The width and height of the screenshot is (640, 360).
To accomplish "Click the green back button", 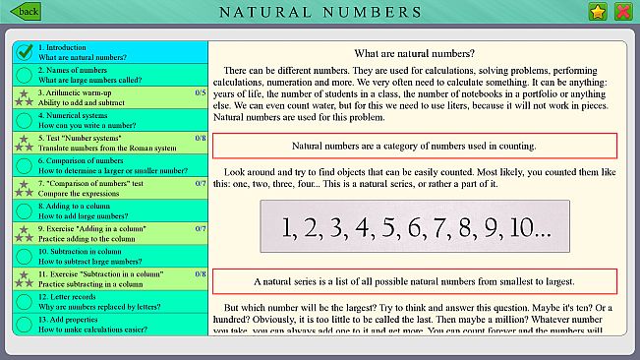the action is pos(26,12).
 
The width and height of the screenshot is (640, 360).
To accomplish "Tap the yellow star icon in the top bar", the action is pos(597,12).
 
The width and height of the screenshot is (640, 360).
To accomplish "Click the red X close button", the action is pos(622,12).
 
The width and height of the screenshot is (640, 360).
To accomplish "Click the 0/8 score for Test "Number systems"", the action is pos(201,138).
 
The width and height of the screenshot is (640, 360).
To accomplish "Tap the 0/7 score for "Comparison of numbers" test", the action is pos(201,183).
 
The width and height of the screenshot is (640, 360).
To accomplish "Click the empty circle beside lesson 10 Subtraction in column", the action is pos(25,256).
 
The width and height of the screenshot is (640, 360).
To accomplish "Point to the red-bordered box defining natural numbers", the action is pos(414,146).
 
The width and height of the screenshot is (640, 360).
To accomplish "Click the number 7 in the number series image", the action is pos(449,228).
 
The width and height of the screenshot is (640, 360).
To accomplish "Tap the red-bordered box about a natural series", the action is pos(414,280).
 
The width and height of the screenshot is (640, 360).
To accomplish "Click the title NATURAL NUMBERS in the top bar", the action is pos(320,13).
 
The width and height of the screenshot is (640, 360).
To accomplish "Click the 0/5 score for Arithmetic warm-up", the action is pos(201,92).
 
